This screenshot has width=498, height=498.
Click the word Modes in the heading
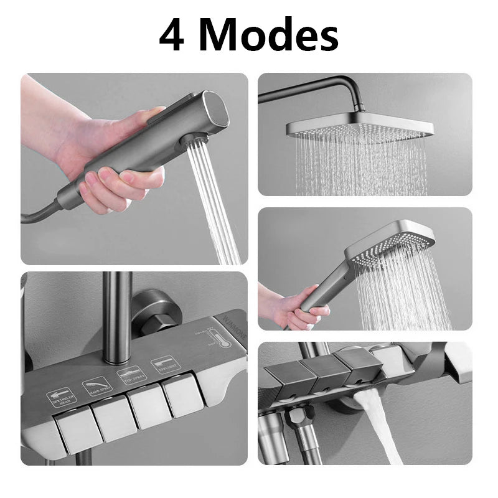[274, 35]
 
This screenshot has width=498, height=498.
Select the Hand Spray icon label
[97, 387]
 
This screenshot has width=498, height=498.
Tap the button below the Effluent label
[184, 395]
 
